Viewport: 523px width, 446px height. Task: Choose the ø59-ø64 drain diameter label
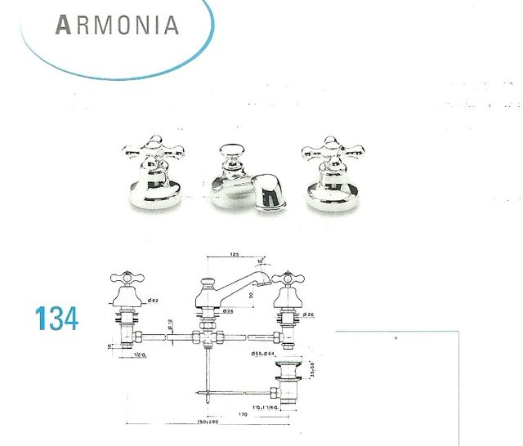[x=266, y=353]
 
